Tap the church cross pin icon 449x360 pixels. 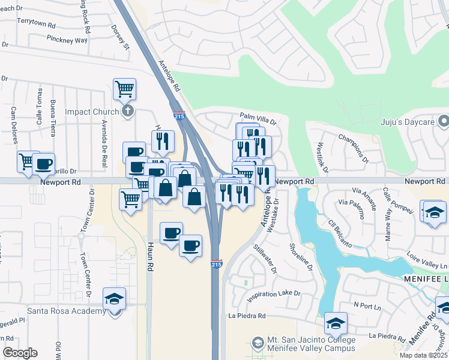pos(127,111)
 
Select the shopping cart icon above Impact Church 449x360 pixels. pos(124,89)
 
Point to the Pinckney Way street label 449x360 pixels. pos(67,39)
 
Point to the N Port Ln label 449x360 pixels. pos(367,307)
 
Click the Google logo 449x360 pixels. pos(20,353)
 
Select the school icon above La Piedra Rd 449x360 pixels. pos(336,323)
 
